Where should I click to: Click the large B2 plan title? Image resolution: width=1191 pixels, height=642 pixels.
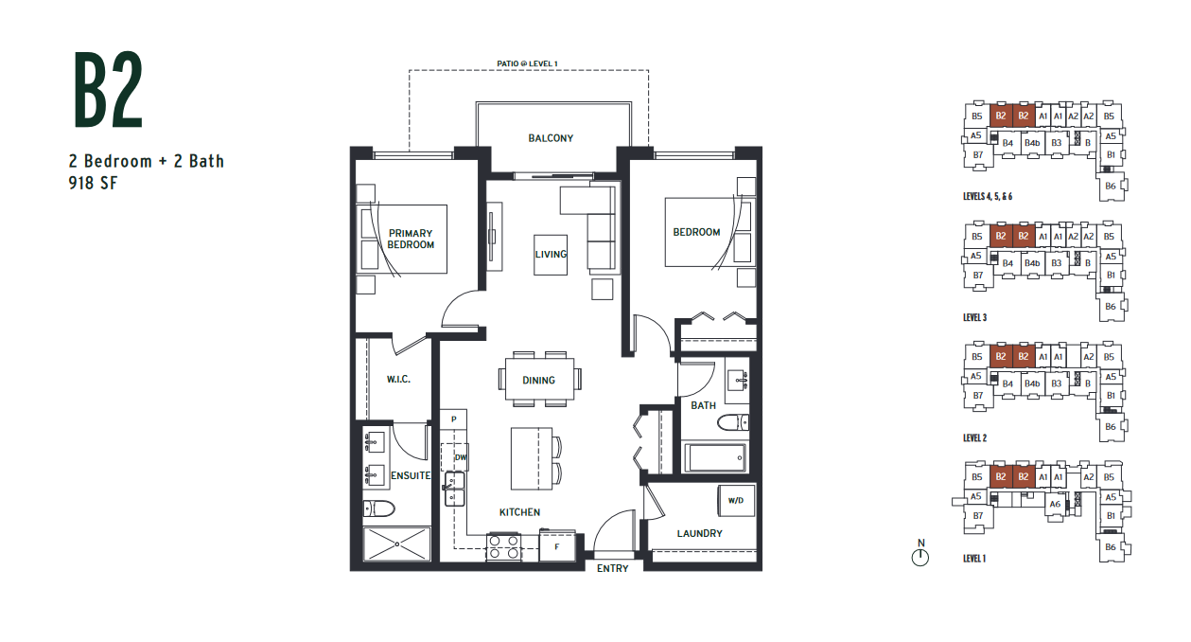coord(109,89)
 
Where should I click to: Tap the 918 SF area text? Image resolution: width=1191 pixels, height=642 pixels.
coord(93,183)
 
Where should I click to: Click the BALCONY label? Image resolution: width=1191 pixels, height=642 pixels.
coord(551,138)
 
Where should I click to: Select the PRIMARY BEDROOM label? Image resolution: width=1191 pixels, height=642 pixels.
coord(411,239)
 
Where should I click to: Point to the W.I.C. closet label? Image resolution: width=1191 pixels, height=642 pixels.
coord(398,379)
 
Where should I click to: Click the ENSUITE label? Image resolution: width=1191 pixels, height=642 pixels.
coord(411,475)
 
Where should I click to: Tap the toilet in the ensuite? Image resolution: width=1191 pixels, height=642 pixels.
coord(378,508)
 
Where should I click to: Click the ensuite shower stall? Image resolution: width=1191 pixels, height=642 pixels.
coord(396,544)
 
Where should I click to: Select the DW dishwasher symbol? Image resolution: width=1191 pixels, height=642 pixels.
coord(456,456)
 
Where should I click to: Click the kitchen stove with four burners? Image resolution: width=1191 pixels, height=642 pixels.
coord(503,547)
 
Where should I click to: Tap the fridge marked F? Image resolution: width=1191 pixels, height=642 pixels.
coord(557,545)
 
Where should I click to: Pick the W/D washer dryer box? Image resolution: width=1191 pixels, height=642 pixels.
coord(736,500)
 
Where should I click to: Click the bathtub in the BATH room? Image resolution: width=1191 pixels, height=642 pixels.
coord(714,457)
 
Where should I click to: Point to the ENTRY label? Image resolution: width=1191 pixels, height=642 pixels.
coord(612,568)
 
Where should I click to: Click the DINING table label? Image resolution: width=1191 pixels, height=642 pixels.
coord(538,380)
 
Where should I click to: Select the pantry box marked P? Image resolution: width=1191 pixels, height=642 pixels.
coord(453,419)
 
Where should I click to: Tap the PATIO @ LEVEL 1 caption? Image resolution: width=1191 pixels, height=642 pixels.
coord(528,63)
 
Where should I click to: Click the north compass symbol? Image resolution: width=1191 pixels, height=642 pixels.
coord(920,554)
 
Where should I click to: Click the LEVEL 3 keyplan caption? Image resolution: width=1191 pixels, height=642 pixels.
coord(974,317)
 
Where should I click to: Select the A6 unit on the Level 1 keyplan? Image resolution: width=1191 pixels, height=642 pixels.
coord(1055,504)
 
